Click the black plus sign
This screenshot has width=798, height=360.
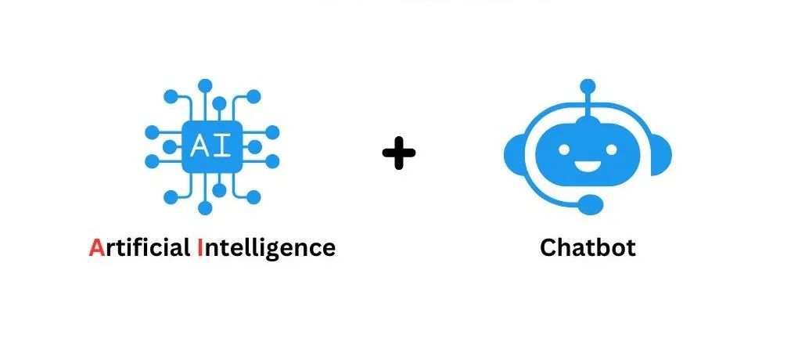tap(399, 152)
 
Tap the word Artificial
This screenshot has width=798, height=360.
tap(140, 248)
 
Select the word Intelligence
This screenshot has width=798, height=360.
tap(266, 249)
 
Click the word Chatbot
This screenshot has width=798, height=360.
tap(588, 248)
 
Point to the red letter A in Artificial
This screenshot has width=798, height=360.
tap(96, 248)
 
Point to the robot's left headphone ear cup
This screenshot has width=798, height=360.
tap(515, 153)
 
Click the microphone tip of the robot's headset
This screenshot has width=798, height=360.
tap(592, 203)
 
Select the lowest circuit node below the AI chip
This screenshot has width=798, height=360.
tap(205, 208)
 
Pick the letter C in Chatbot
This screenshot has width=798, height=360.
tap(548, 248)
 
